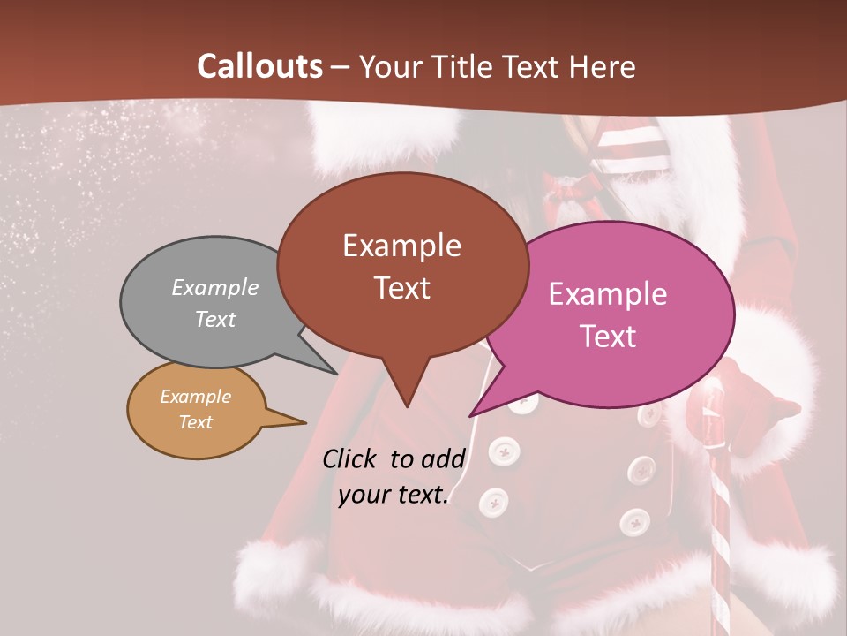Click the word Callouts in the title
259,66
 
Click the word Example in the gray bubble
215,287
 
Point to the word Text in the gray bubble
215,319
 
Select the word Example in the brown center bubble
401,246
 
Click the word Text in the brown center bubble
401,288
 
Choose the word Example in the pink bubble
608,294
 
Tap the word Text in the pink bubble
608,336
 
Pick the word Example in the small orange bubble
195,397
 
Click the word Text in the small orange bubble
195,422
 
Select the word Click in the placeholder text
350,458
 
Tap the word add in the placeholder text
443,458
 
